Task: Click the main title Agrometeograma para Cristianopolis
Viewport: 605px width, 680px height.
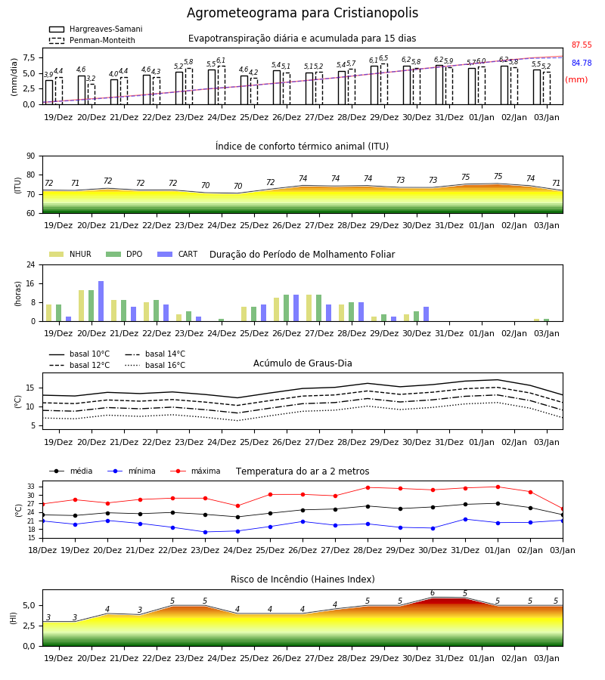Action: point(302,13)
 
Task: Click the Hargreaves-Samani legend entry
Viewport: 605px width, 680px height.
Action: point(96,29)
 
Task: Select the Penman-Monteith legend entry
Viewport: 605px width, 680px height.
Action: point(92,40)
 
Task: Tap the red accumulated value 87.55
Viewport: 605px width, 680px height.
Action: point(582,45)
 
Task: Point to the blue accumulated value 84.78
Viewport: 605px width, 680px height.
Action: point(582,63)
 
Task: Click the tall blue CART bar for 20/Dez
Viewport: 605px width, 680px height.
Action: point(101,301)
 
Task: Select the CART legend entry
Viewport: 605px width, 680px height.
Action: point(178,254)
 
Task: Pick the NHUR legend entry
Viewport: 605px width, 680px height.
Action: point(70,254)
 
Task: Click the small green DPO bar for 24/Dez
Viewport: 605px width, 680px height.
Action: point(222,320)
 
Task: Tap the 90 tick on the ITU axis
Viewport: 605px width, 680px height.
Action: point(31,156)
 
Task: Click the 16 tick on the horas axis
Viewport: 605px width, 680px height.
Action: point(31,283)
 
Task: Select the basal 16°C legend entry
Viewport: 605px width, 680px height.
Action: point(155,365)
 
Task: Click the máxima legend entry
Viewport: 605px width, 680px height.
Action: point(195,471)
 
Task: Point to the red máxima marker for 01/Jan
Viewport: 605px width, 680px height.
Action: point(498,487)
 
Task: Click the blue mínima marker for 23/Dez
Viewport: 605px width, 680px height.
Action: point(205,532)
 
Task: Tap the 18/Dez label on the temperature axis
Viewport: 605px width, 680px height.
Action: point(42,550)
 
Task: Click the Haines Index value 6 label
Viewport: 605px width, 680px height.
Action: point(433,593)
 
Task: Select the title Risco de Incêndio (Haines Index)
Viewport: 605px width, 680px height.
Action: point(302,580)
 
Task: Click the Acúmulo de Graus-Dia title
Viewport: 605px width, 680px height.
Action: point(302,363)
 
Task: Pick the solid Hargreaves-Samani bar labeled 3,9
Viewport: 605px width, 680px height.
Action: point(49,92)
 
